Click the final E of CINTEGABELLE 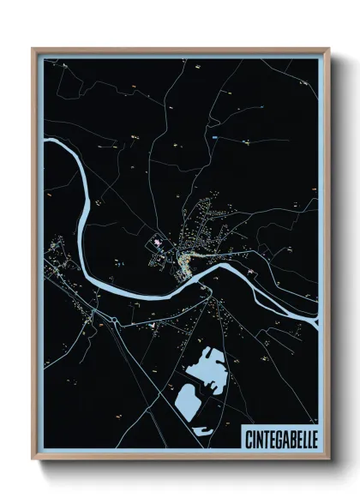click(x=312, y=437)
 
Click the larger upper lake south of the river click(x=205, y=367)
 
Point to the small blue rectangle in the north click(x=215, y=137)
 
